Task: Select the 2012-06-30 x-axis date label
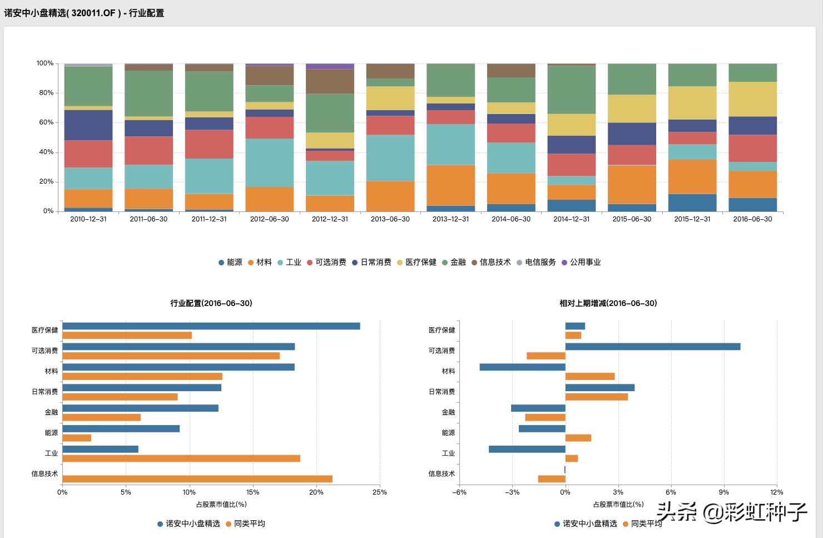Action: coord(269,219)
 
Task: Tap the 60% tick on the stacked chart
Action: coord(46,122)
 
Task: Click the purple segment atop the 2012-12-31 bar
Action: coord(330,66)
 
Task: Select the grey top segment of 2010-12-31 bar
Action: coord(88,65)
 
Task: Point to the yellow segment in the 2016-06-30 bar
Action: coord(752,99)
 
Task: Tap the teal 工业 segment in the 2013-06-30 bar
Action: coord(390,157)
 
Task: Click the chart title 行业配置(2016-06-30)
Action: coord(211,303)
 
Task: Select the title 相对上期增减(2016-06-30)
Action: coord(608,303)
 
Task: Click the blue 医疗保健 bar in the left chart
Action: coord(211,326)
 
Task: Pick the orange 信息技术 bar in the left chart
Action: coord(197,479)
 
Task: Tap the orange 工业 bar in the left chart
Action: coord(181,458)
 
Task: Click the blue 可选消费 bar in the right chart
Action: coord(653,347)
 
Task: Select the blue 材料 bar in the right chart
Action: coord(522,367)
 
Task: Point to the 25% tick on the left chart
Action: coord(380,492)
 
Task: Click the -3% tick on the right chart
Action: coord(512,492)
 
